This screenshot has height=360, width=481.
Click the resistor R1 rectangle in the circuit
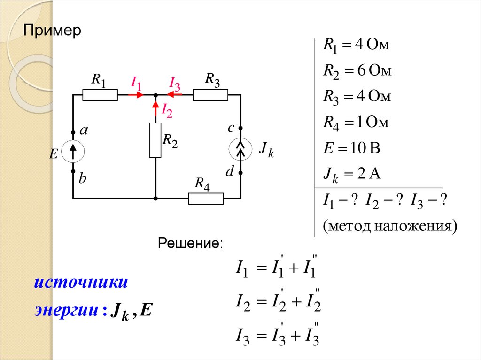coord(100,95)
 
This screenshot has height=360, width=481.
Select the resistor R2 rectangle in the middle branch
coord(155,140)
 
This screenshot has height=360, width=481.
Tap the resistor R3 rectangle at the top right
coord(210,95)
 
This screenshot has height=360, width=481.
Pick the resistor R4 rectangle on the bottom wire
coord(206,199)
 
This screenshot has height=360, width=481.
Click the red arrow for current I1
coord(136,95)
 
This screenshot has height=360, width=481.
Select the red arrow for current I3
coord(175,95)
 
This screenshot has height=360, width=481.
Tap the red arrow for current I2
coord(155,108)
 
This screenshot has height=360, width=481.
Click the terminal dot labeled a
coord(73,132)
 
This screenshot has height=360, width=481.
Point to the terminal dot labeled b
coord(73,172)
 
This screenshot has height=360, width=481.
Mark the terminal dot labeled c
coord(240,128)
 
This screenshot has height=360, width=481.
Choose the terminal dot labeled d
coord(240,173)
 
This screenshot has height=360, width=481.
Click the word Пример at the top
coord(53,32)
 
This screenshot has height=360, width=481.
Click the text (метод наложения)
coord(389,226)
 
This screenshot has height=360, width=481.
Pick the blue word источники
coord(81,283)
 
